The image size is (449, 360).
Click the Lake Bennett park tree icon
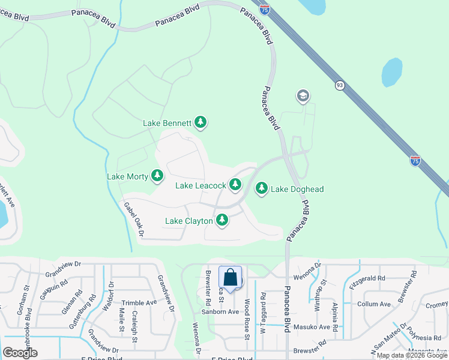click(x=200, y=123)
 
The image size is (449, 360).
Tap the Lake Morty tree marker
click(x=157, y=176)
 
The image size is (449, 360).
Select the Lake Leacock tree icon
click(x=234, y=185)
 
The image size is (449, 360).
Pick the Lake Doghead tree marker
click(x=262, y=188)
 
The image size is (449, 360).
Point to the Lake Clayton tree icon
click(x=222, y=220)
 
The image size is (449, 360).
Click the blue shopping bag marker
click(x=230, y=278)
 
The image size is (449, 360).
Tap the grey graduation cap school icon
click(x=303, y=96)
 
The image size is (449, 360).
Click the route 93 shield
click(x=340, y=86)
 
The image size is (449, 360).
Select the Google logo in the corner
click(x=20, y=352)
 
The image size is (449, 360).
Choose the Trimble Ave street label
click(x=139, y=303)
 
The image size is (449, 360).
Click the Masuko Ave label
click(x=315, y=327)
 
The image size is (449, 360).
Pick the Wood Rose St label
click(x=247, y=320)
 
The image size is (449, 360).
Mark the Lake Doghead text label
click(x=297, y=189)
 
